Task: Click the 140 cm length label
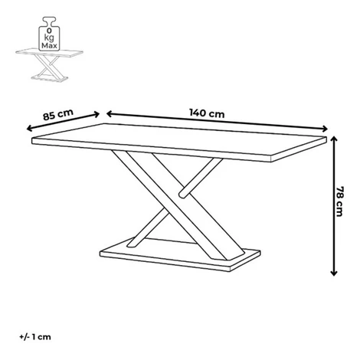click(207, 113)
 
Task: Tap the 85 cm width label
click(58, 114)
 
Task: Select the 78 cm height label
click(340, 201)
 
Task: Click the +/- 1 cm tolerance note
click(35, 337)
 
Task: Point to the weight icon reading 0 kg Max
click(49, 34)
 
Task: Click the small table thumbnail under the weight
click(50, 65)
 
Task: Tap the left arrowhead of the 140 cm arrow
click(109, 113)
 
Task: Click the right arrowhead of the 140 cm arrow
click(325, 129)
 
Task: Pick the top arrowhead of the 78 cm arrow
click(334, 139)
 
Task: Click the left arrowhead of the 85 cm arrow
click(29, 128)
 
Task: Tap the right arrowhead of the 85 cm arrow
click(97, 114)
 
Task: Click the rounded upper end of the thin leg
click(182, 194)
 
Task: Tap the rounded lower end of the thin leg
click(131, 244)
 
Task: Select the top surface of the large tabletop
click(178, 139)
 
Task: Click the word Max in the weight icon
click(49, 46)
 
